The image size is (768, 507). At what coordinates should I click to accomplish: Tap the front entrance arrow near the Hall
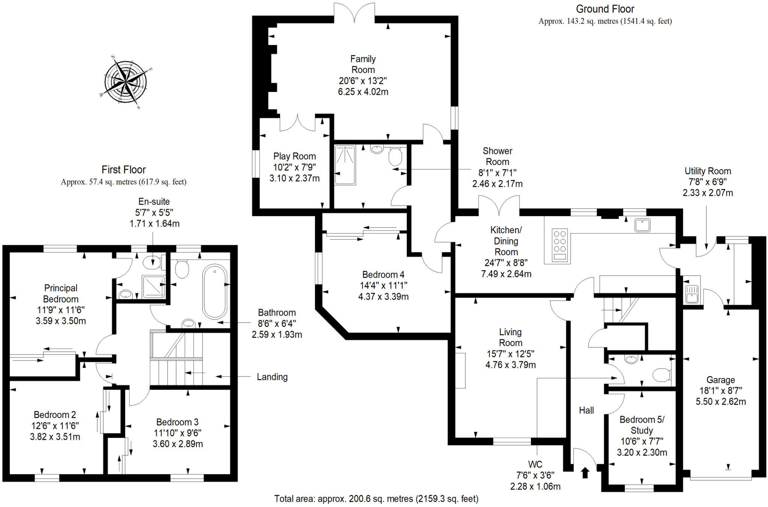pos(585,472)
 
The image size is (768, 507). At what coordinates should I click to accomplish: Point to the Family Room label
pos(363,64)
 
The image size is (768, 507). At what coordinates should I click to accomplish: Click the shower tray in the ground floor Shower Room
pos(345,165)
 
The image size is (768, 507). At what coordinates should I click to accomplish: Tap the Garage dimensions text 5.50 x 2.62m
pos(720,402)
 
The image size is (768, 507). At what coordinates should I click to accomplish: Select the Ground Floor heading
pos(605,9)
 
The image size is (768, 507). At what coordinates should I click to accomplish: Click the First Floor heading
pos(123,169)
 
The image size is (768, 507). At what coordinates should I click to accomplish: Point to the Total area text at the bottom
pos(376,499)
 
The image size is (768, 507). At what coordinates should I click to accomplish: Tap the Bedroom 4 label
pos(383,274)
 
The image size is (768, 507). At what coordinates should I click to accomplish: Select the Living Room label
pos(510,337)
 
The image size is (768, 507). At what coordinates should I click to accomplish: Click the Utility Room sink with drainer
pos(691,294)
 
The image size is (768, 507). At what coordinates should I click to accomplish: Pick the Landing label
pos(272,377)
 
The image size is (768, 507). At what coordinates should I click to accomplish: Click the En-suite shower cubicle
pos(153,287)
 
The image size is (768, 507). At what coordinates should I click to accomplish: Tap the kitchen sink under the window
pos(642,225)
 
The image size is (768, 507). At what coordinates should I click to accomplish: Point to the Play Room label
pos(294,156)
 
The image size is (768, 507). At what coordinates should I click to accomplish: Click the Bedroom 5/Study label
pos(642,425)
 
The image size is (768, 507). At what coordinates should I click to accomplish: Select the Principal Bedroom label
pos(61,293)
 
